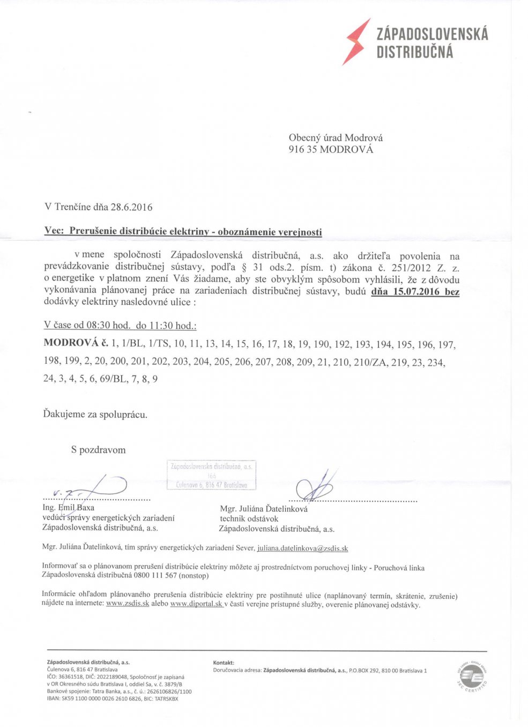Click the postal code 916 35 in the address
click(303, 150)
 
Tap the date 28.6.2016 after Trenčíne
click(131, 207)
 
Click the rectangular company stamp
click(211, 475)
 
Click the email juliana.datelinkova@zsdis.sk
click(302, 548)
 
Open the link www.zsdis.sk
click(128, 604)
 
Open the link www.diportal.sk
click(196, 604)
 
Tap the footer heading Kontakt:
click(224, 663)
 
